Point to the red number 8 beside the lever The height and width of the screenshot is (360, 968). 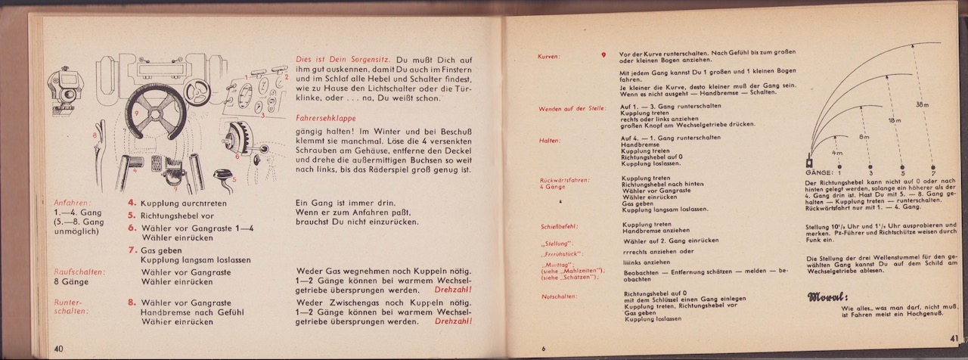click(x=95, y=135)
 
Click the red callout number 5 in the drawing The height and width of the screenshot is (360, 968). click(x=234, y=179)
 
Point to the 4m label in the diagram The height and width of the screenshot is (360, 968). click(x=836, y=152)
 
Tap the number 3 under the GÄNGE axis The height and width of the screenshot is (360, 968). click(x=870, y=173)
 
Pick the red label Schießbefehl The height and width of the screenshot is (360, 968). click(x=560, y=226)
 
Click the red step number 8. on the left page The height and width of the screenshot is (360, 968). click(x=132, y=302)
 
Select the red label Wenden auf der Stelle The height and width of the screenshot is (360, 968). click(x=572, y=108)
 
